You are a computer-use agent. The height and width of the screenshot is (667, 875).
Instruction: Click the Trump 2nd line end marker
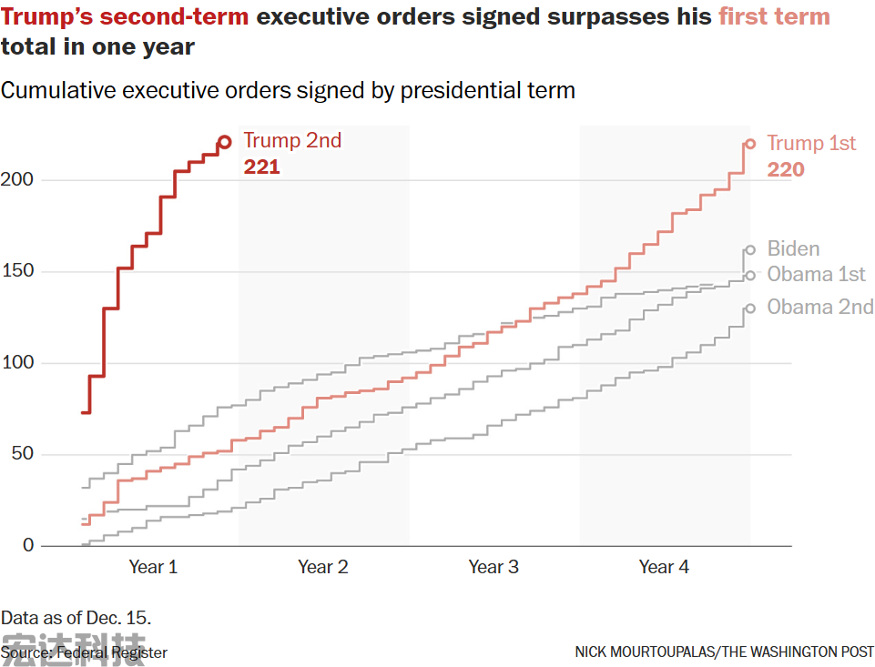point(224,142)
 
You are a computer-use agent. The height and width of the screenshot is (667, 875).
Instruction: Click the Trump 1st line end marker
point(750,143)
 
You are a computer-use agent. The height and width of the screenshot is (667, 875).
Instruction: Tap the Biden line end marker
point(750,249)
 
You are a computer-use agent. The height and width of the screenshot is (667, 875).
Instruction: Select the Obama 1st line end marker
point(750,275)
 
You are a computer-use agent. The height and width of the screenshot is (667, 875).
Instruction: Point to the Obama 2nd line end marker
point(750,308)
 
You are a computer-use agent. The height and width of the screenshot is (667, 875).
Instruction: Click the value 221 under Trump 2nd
point(261,167)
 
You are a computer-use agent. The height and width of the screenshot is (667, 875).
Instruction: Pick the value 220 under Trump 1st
point(786,169)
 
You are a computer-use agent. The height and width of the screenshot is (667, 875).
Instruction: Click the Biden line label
point(793,248)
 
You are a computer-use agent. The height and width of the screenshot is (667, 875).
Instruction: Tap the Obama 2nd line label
point(819,307)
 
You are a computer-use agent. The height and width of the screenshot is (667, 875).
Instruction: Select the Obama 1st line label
point(816,274)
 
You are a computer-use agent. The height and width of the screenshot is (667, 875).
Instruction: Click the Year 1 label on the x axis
point(153,567)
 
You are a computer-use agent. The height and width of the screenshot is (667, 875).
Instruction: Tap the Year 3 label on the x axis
point(493,567)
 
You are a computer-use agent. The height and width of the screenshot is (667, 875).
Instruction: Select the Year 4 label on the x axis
point(664,567)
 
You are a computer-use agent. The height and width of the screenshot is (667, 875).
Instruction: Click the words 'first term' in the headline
point(774,16)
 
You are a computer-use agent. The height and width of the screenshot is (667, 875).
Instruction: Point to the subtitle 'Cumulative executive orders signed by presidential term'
point(288,90)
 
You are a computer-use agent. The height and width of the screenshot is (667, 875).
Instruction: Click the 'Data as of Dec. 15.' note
point(76,618)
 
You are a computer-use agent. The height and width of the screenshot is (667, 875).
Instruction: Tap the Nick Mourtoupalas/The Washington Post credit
point(724,652)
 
